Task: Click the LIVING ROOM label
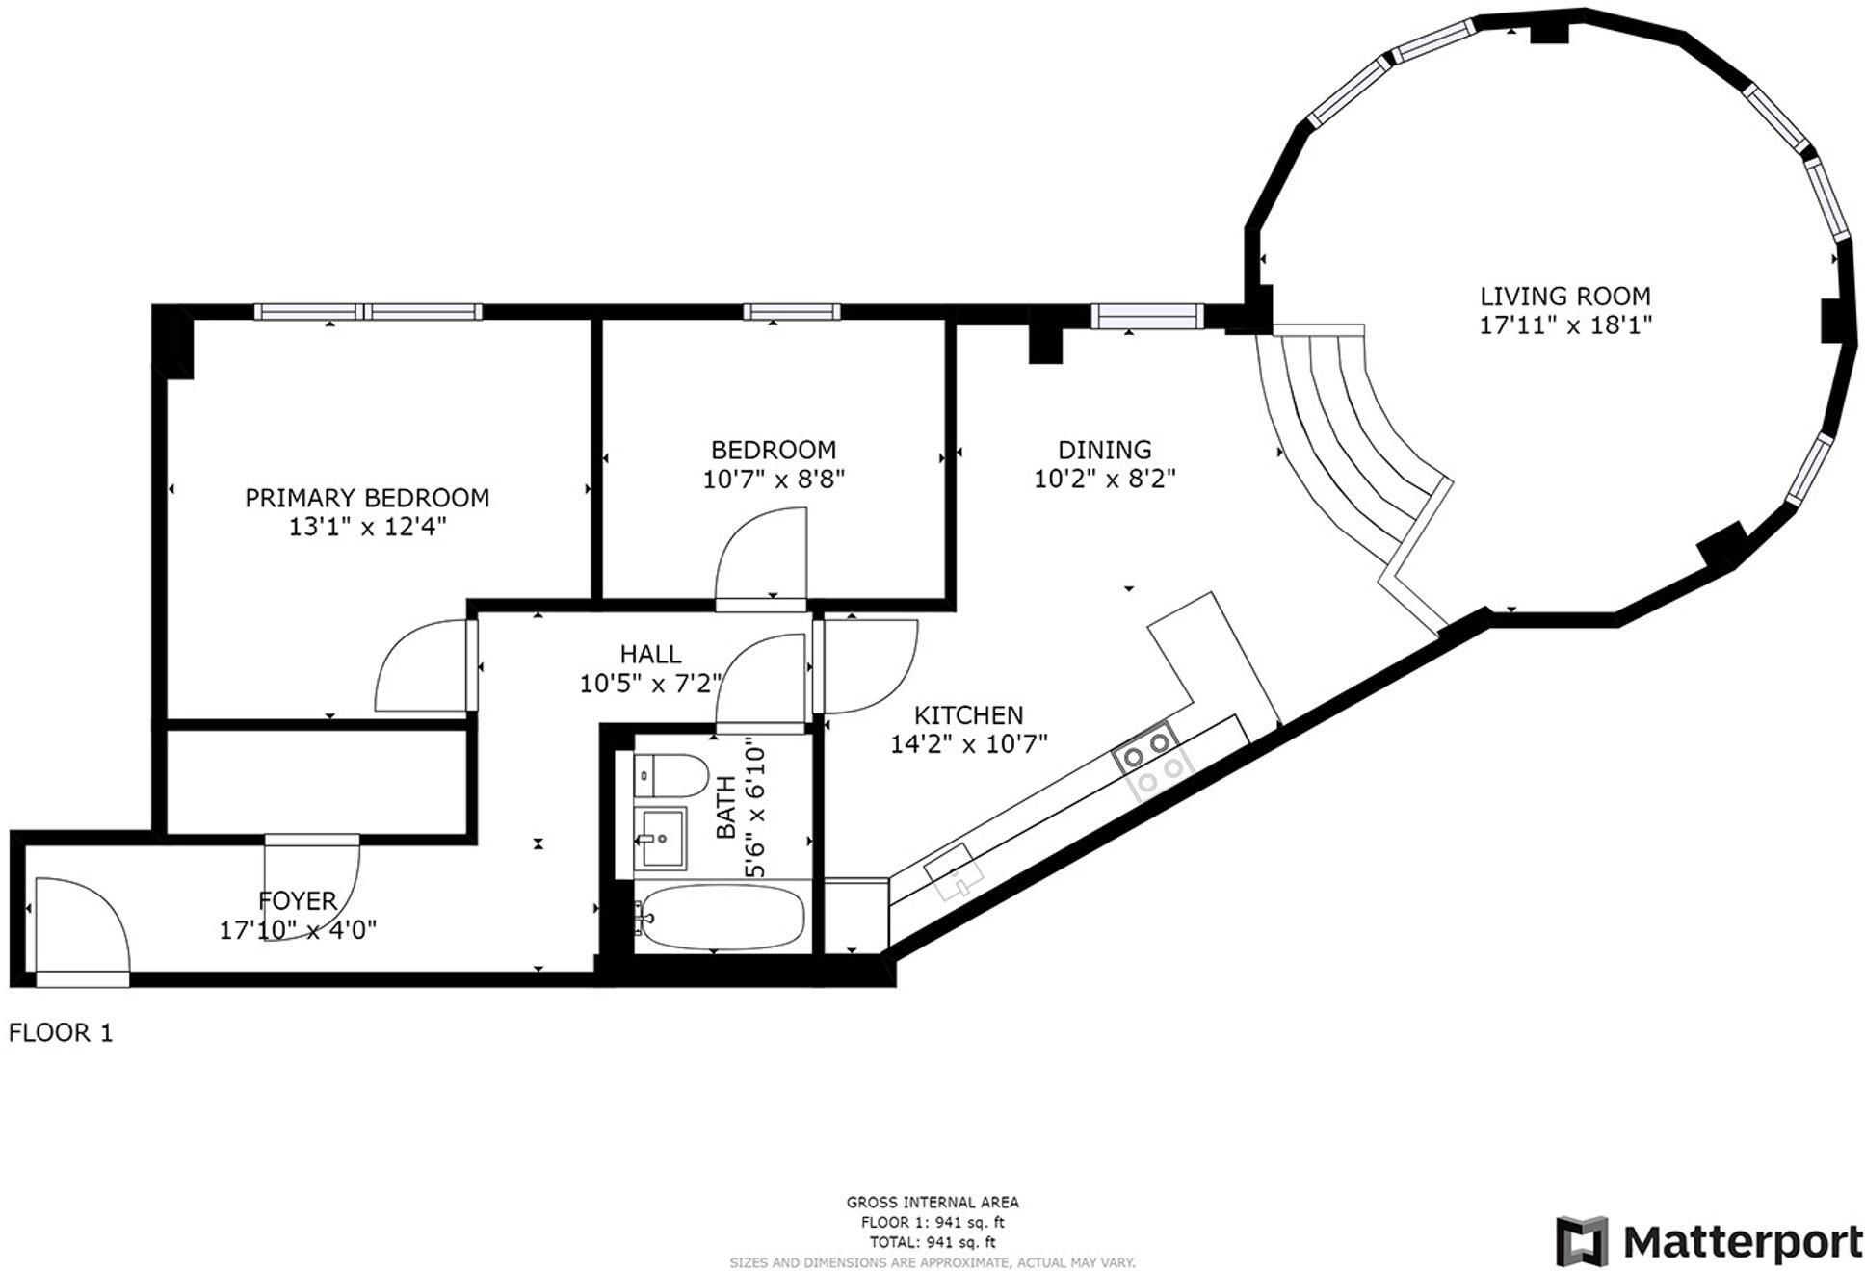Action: point(1564,296)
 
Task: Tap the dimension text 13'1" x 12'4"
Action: point(367,527)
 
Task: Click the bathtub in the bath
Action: point(722,917)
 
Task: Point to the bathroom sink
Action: point(661,838)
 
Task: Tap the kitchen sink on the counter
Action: point(954,870)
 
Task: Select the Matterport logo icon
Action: point(1582,1241)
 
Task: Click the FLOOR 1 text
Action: point(61,1033)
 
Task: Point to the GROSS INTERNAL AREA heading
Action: point(932,1202)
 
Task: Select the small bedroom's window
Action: point(791,312)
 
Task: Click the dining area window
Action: point(1146,315)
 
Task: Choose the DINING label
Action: point(1104,450)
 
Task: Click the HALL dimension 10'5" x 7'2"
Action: point(650,684)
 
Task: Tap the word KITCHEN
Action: point(968,714)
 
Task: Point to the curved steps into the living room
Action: point(1349,433)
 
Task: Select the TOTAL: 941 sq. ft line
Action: point(932,1242)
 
